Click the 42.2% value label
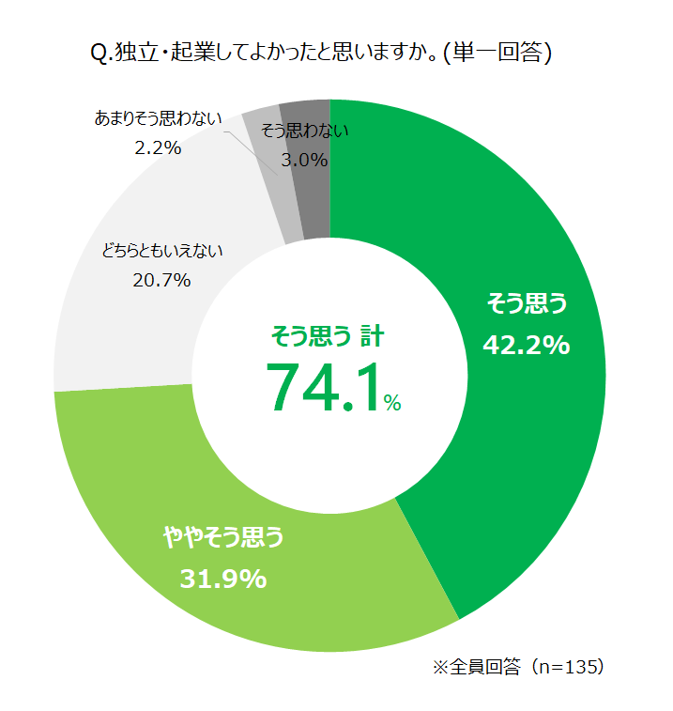527,346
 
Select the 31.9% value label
223,579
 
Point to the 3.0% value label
305,161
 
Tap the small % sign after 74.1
392,404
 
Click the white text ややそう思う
223,537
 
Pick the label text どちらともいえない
161,251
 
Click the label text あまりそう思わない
158,118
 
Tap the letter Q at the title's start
99,54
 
